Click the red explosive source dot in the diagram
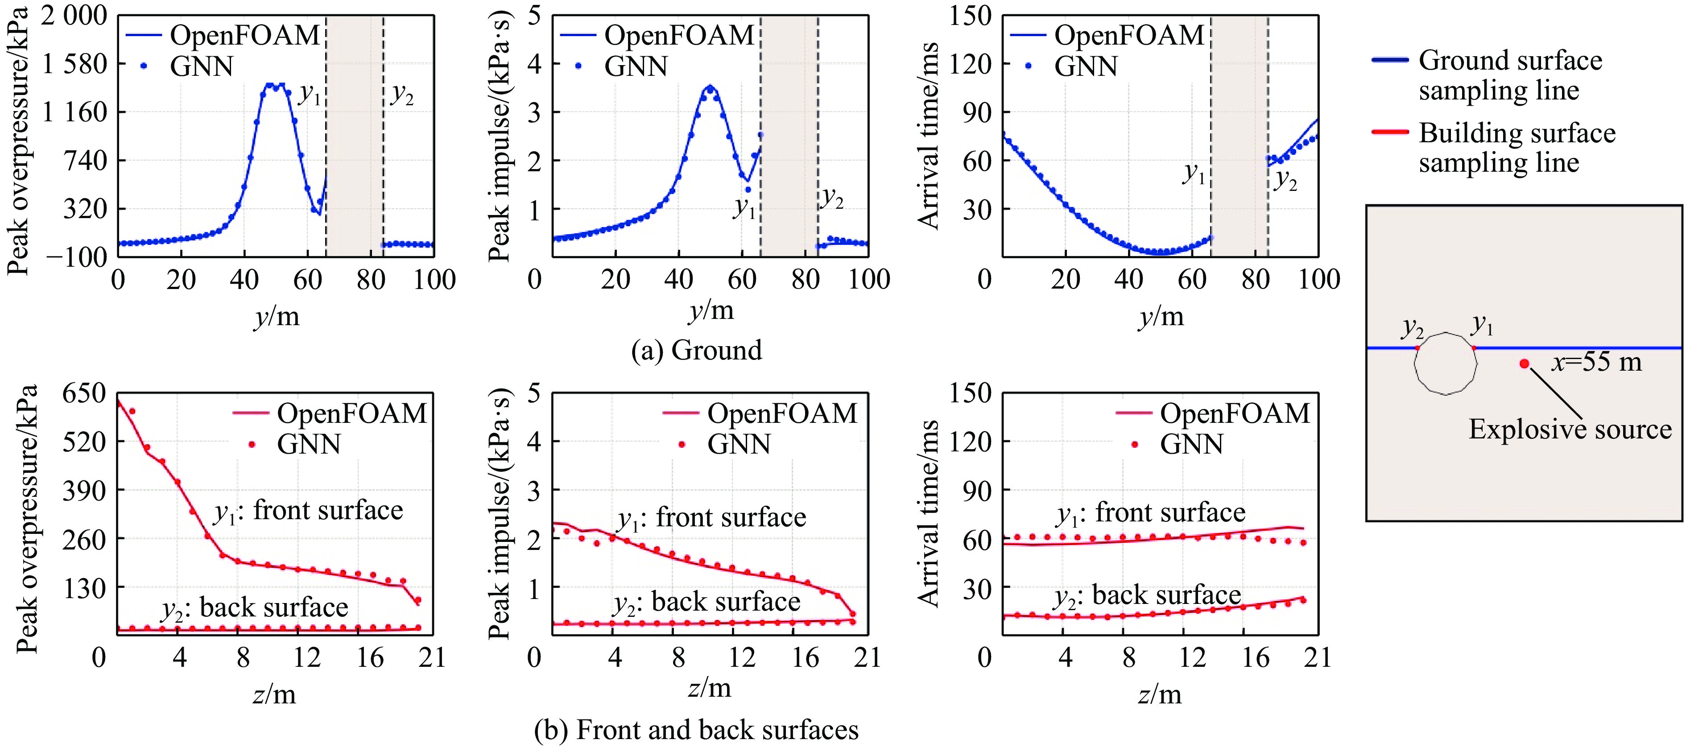point(1525,363)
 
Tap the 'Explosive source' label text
point(1570,429)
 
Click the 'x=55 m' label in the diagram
point(1596,361)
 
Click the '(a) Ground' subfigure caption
point(696,350)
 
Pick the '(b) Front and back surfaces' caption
point(696,730)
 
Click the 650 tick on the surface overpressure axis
point(84,393)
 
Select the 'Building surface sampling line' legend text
point(1517,148)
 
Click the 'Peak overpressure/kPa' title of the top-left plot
point(18,141)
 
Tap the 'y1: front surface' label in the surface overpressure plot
point(308,511)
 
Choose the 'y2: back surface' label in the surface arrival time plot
point(1147,596)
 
